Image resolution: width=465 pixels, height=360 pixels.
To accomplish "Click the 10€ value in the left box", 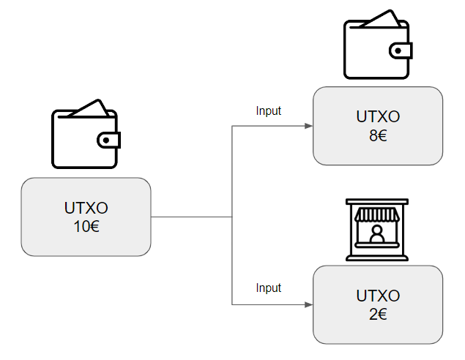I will coord(86,226).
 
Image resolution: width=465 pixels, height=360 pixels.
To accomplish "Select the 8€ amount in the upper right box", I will coord(378,135).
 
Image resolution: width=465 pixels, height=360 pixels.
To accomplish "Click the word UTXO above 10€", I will coord(86,208).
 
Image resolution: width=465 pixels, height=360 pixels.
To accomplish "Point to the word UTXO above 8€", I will coord(378,116).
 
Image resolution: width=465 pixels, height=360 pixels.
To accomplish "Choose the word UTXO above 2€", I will coord(378,296).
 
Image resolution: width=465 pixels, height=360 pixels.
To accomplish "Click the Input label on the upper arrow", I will coord(268,111).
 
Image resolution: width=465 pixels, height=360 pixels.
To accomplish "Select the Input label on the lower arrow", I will coord(268,288).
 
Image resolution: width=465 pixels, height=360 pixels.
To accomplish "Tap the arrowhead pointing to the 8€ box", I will coord(308,126).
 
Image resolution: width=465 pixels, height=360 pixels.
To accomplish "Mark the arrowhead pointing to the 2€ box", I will coord(308,304).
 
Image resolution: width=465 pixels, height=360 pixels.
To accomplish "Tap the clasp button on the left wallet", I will coord(108,140).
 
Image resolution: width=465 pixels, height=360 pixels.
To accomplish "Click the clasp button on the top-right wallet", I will coord(401,50).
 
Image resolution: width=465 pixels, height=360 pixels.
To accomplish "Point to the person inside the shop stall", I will coord(377,235).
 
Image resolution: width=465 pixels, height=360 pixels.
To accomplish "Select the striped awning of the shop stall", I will coord(377,214).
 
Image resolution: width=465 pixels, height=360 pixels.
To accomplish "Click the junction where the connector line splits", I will coord(232,217).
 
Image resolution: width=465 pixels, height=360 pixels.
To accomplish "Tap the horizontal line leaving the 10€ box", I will coord(190,217).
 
